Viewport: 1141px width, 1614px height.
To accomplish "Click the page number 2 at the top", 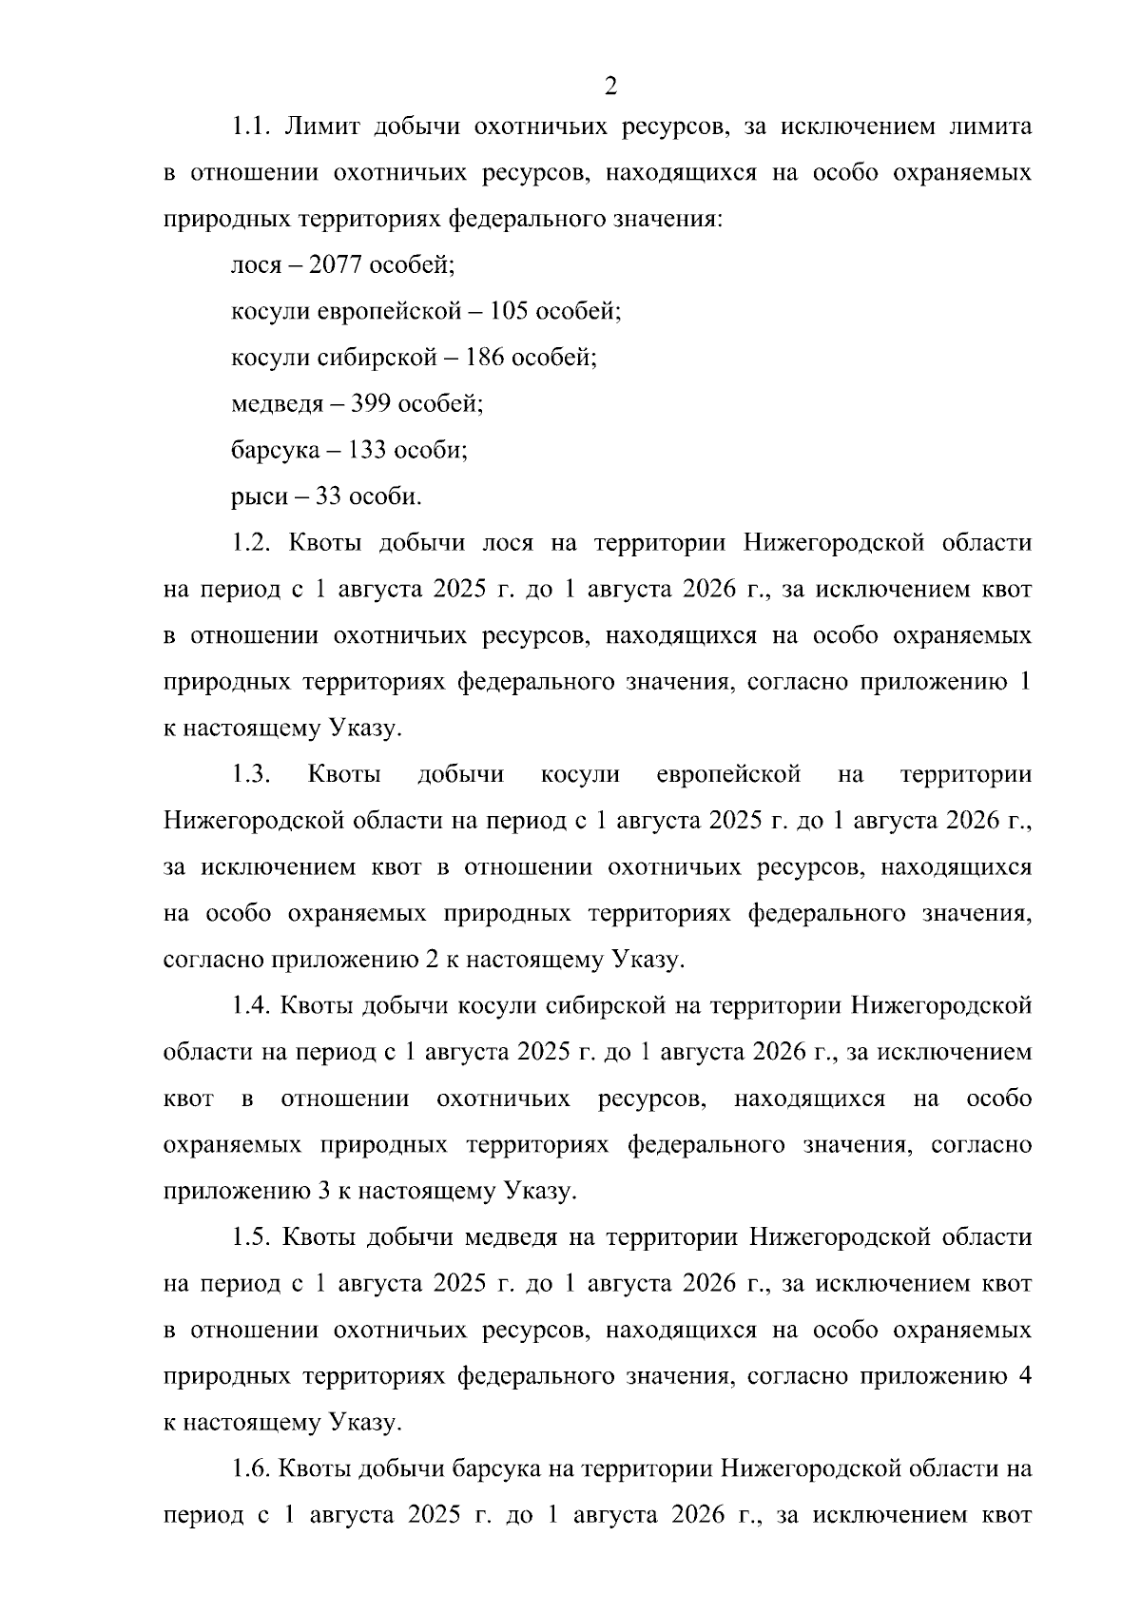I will [x=610, y=87].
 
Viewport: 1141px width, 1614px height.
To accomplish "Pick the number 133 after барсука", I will [x=366, y=450].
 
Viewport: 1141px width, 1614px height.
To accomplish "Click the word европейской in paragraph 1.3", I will [x=728, y=774].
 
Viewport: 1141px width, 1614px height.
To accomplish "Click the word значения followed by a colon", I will [x=670, y=220].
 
